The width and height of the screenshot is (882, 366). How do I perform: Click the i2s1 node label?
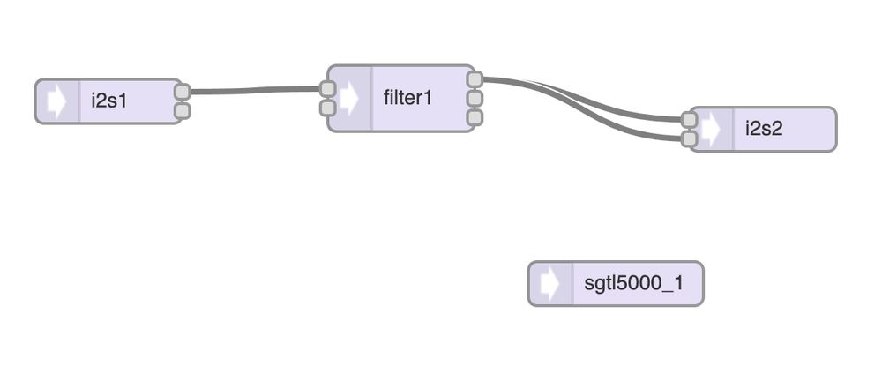point(109,101)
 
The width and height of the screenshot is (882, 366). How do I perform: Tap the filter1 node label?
point(408,97)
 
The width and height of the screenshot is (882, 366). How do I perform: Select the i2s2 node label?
point(764,129)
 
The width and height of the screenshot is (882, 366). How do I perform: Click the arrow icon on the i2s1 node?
point(57,101)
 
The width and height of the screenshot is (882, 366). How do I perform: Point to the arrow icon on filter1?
point(350,98)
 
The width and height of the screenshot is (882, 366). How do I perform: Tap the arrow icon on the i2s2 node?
point(711,130)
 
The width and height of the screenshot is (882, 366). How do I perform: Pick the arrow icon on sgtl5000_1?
point(549,284)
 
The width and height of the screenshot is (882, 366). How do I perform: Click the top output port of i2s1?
point(183,92)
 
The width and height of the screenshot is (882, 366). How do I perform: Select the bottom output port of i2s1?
point(183,110)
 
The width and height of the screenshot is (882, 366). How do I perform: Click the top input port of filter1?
point(327,88)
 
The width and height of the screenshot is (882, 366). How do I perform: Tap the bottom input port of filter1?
point(327,108)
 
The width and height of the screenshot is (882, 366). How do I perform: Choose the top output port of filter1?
point(475,78)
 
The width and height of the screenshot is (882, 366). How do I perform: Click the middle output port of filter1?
point(475,98)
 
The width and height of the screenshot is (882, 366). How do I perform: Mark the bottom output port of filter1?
point(475,116)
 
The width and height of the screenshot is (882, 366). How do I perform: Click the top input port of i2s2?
point(690,119)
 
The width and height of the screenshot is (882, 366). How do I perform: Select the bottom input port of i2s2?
point(690,138)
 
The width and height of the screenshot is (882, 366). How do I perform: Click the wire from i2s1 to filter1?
point(256,89)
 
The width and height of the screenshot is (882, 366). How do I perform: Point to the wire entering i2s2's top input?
point(617,110)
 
